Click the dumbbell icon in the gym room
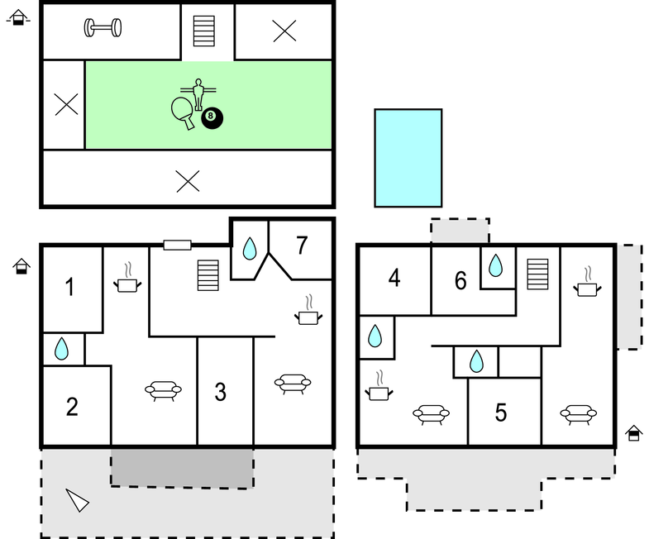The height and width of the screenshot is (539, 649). tap(103, 28)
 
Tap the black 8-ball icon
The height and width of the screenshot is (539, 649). tap(212, 118)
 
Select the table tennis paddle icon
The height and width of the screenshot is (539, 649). tap(183, 112)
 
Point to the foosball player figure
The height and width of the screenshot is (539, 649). tap(198, 94)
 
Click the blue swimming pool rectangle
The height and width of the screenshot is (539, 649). tap(408, 158)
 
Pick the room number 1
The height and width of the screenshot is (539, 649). tap(70, 287)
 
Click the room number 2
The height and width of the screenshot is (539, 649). tap(72, 407)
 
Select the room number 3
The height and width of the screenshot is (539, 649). tap(221, 392)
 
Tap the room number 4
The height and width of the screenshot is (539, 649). tap(394, 278)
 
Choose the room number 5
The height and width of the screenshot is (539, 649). tap(501, 413)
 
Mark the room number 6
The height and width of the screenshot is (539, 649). tap(461, 280)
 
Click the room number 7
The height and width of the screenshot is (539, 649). tap(302, 245)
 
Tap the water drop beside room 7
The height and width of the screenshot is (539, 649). tap(249, 248)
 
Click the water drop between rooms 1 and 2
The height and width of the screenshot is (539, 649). tap(61, 349)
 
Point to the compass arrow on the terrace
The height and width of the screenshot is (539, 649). tap(77, 500)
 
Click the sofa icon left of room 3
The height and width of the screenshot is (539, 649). tap(163, 390)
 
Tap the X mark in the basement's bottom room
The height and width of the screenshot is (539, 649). tap(188, 181)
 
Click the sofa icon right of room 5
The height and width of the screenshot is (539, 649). tap(578, 414)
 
